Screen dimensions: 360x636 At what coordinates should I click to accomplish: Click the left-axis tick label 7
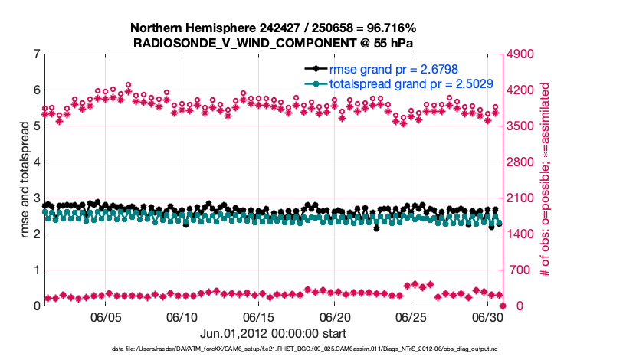(x=36, y=54)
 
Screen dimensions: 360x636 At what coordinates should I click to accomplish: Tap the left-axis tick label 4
(x=36, y=162)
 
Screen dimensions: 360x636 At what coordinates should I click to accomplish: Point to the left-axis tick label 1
(x=36, y=270)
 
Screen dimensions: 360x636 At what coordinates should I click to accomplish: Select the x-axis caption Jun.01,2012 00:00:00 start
(x=274, y=333)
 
